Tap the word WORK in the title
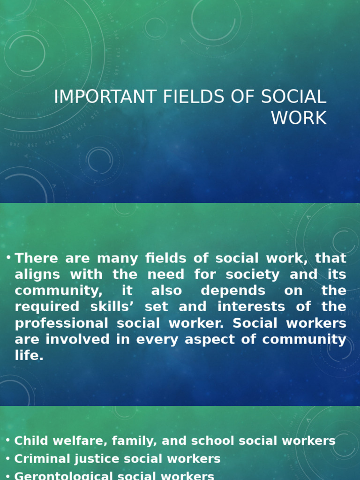coord(299,118)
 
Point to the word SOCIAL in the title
coord(293,97)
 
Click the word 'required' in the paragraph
coord(44,307)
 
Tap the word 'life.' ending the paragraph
coord(29,355)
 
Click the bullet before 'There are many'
coord(8,258)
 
